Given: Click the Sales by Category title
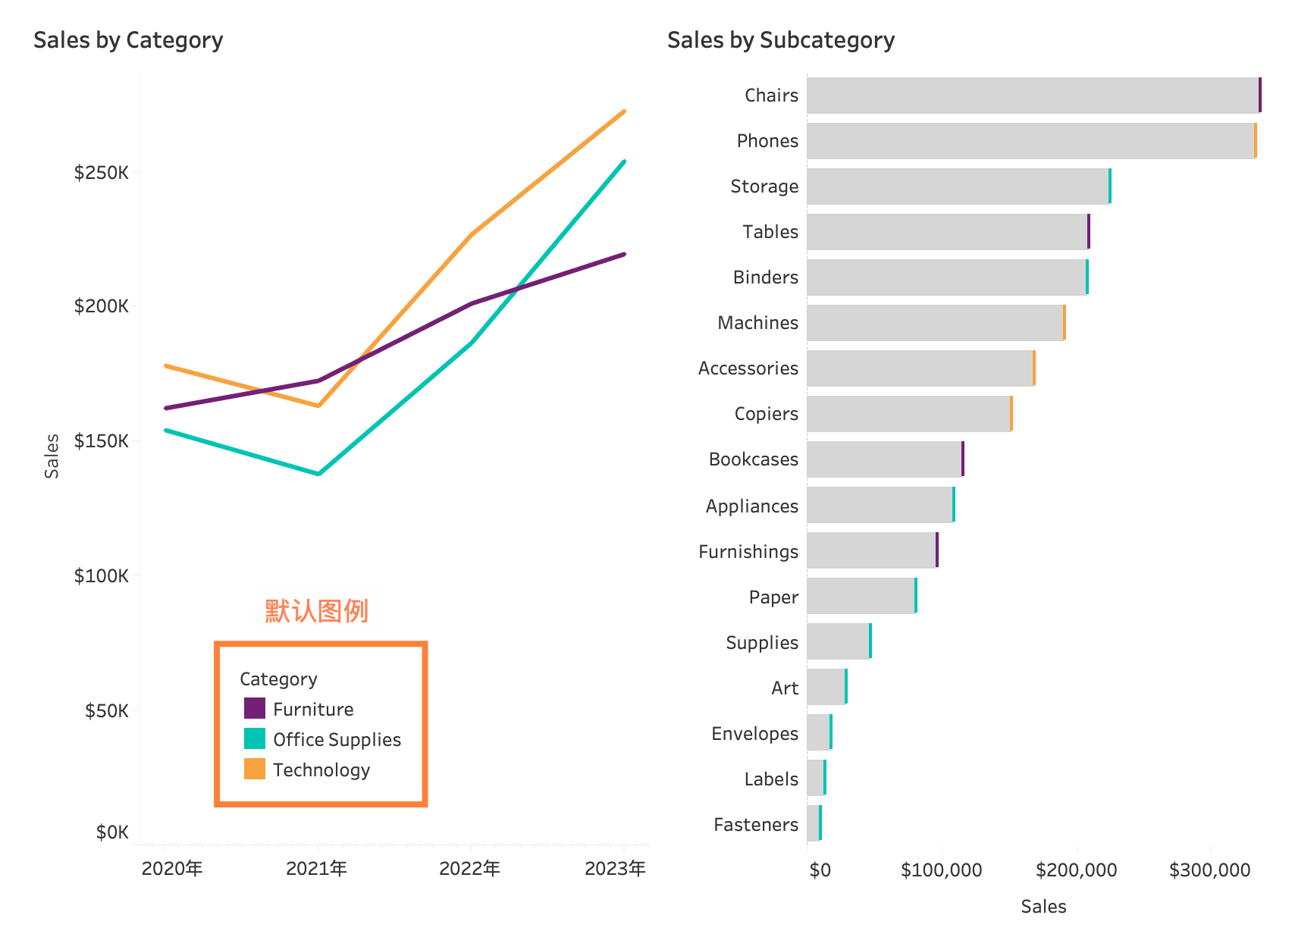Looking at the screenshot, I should [128, 40].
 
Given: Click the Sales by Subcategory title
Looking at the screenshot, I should [780, 40].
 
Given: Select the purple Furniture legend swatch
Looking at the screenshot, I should [255, 708].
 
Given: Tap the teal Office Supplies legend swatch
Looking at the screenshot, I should [255, 738].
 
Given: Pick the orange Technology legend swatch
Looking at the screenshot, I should [255, 769].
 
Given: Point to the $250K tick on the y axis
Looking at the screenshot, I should [102, 173].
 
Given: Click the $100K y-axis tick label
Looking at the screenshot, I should [102, 576].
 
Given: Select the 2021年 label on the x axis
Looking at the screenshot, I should [317, 869].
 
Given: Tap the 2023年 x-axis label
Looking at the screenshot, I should [615, 869].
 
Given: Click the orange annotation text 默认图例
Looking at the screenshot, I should [317, 610].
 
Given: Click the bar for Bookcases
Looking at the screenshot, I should [885, 459].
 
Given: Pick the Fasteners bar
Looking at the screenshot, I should [814, 823].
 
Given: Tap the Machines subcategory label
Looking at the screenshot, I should [757, 323].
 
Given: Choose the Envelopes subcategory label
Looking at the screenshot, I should [754, 734].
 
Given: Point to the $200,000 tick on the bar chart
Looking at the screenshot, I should [1076, 870].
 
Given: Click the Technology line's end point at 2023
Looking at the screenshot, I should [624, 111].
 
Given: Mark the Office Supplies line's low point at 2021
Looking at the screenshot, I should [318, 474].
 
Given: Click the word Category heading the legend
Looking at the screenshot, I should [278, 679].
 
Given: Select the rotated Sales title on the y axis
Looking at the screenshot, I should [52, 456].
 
